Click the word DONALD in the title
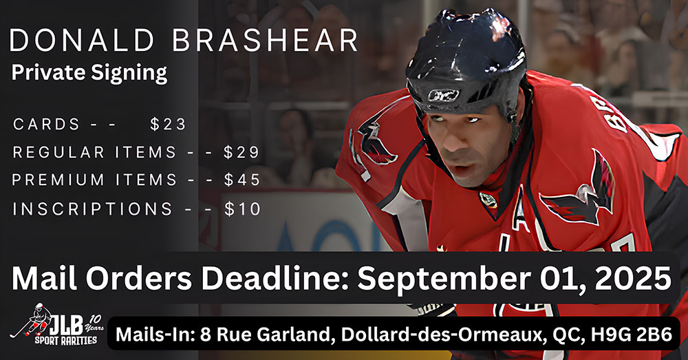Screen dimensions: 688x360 [82, 41]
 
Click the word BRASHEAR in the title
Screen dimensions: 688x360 [265, 41]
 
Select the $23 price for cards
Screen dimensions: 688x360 [168, 124]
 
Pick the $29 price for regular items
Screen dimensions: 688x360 [241, 152]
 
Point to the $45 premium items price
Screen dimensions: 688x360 [242, 180]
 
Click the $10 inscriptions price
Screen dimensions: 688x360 [243, 209]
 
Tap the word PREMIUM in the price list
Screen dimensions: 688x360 [58, 180]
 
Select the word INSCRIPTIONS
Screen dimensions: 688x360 [93, 209]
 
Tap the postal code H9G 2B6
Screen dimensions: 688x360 [631, 335]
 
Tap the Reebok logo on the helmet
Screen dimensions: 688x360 [443, 95]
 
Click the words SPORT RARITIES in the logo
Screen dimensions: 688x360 [67, 340]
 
